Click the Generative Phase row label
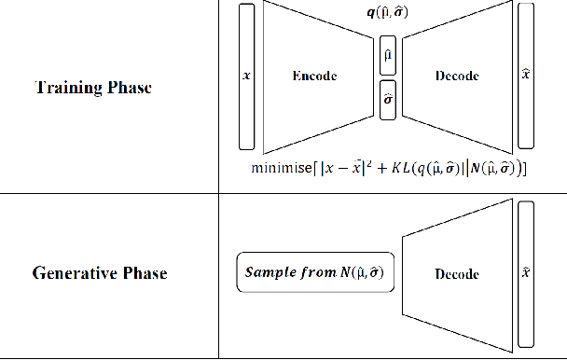click(x=100, y=273)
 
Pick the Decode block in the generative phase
click(x=457, y=273)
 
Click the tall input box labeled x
click(x=246, y=76)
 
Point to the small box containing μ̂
click(x=389, y=55)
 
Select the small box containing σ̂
click(x=389, y=98)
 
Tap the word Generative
click(x=76, y=273)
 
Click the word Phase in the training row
click(x=131, y=89)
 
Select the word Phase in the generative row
click(x=145, y=273)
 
